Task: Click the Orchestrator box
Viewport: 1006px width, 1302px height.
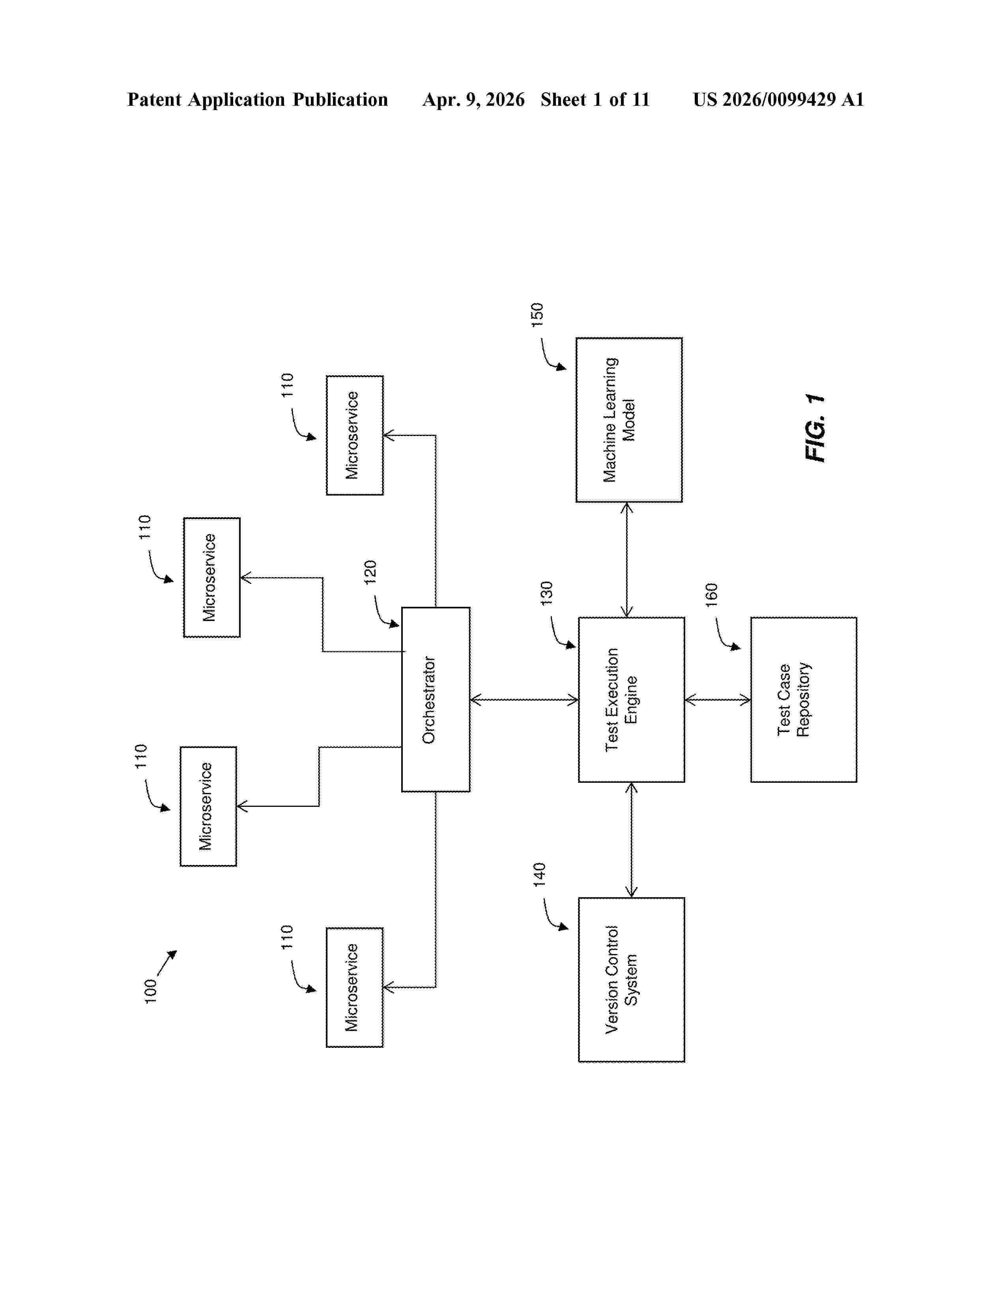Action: tap(436, 699)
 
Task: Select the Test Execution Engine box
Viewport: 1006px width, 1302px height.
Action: tap(631, 699)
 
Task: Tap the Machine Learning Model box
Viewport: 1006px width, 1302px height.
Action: tap(629, 420)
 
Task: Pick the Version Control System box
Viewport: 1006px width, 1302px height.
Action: tap(631, 980)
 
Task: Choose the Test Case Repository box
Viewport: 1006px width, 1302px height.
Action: tap(803, 699)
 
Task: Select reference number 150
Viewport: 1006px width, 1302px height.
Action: tap(537, 315)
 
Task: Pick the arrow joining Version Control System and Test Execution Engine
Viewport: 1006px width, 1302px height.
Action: tap(631, 840)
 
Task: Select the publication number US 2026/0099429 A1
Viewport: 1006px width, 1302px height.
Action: tap(778, 99)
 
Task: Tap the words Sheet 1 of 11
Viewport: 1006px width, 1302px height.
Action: tap(595, 99)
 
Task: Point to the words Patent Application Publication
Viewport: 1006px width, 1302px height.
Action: tap(258, 99)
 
